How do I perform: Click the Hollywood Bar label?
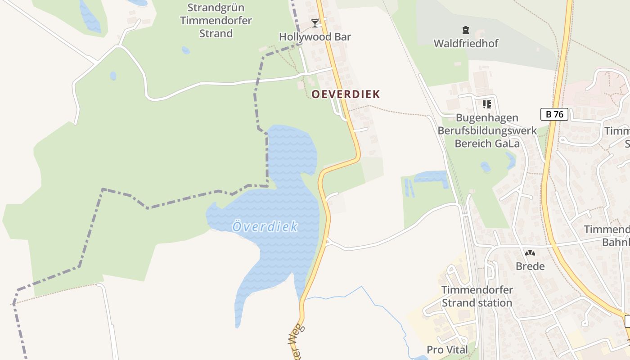[315, 37]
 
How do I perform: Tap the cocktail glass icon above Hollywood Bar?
[315, 23]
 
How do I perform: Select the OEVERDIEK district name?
[346, 94]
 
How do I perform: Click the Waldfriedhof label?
[466, 44]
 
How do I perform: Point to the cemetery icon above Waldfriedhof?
[465, 30]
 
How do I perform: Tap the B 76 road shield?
[554, 114]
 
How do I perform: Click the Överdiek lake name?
[265, 227]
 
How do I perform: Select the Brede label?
[530, 266]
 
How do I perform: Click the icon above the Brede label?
[530, 253]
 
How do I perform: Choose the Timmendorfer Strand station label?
[477, 296]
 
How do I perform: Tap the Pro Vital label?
[447, 350]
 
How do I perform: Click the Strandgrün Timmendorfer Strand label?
[216, 21]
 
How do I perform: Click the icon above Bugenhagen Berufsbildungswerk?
[486, 104]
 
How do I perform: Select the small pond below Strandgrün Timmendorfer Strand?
[185, 50]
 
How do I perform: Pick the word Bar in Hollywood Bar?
[342, 37]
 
